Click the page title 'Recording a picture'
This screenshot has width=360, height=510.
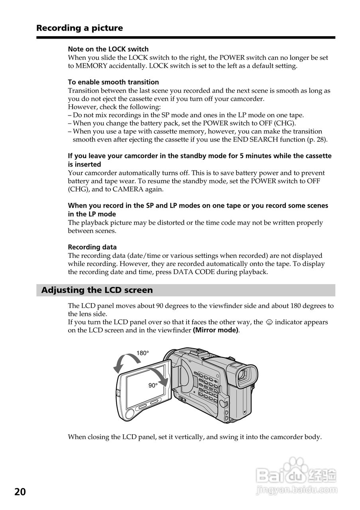tap(79, 28)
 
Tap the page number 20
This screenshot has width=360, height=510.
tap(20, 492)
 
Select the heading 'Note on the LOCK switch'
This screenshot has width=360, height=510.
tap(108, 49)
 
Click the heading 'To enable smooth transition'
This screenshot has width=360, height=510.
tap(113, 82)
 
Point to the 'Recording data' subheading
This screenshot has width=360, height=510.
tap(92, 247)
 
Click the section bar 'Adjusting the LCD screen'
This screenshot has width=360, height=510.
tap(97, 290)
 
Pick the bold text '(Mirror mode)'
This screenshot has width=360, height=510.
tap(215, 330)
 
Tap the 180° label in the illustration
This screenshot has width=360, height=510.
tap(142, 353)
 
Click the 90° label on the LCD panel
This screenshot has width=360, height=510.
tap(153, 385)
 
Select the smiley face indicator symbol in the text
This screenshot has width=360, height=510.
tap(269, 322)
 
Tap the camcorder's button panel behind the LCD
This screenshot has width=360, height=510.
tap(206, 384)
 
